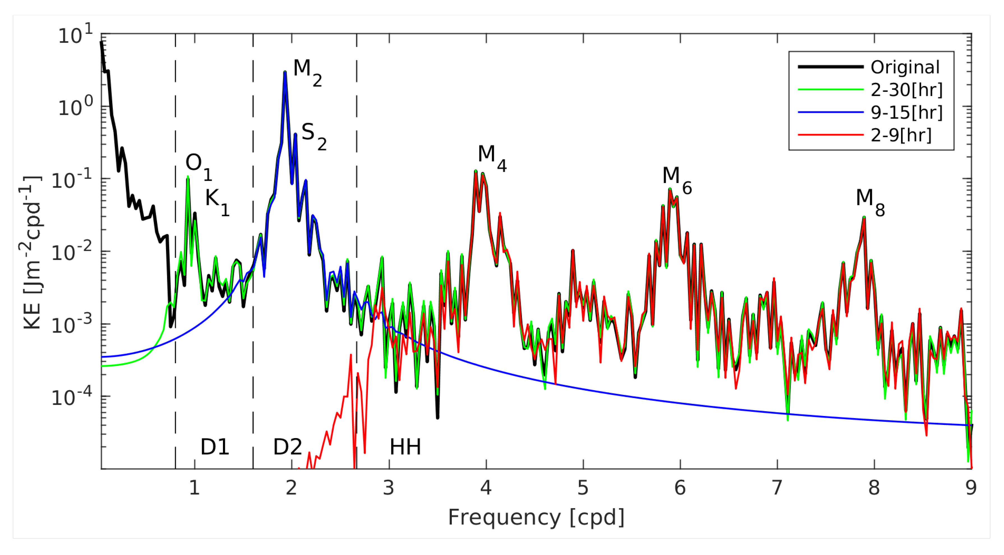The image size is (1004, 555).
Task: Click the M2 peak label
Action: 307,72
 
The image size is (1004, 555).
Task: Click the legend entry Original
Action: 905,67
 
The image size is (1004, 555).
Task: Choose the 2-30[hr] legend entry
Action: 907,90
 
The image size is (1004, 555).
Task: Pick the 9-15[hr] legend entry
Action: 907,113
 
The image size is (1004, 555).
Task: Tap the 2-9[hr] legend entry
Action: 901,135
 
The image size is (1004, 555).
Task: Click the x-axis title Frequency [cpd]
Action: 536,517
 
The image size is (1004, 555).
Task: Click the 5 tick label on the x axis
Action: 583,488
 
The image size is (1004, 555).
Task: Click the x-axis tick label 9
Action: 971,488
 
